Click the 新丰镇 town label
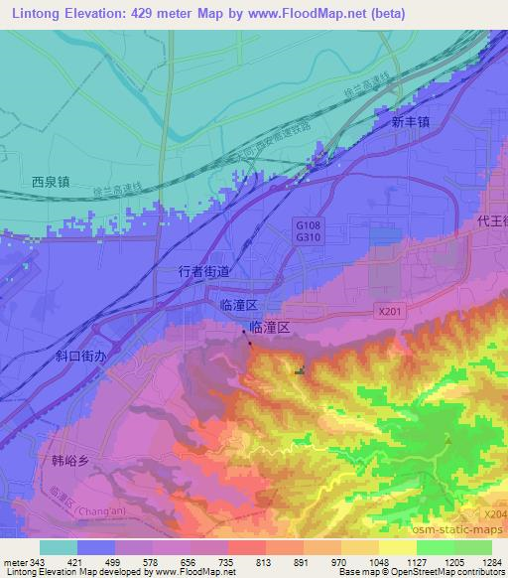(410, 123)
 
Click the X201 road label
(390, 311)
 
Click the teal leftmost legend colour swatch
(59, 547)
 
